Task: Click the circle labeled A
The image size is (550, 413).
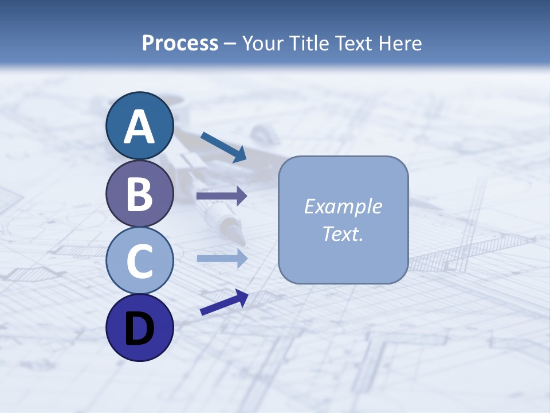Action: (x=140, y=126)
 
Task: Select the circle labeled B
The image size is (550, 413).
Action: (x=140, y=193)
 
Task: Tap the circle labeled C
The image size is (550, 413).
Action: (x=140, y=261)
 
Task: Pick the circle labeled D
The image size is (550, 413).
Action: (x=140, y=328)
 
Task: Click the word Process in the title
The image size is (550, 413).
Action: (x=180, y=43)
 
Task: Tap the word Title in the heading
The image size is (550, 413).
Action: (x=307, y=43)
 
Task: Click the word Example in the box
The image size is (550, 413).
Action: (x=343, y=206)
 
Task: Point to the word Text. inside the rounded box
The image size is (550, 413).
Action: (x=343, y=233)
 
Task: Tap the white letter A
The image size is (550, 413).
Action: (x=140, y=127)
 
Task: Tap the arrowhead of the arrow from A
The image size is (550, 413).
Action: (x=240, y=154)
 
